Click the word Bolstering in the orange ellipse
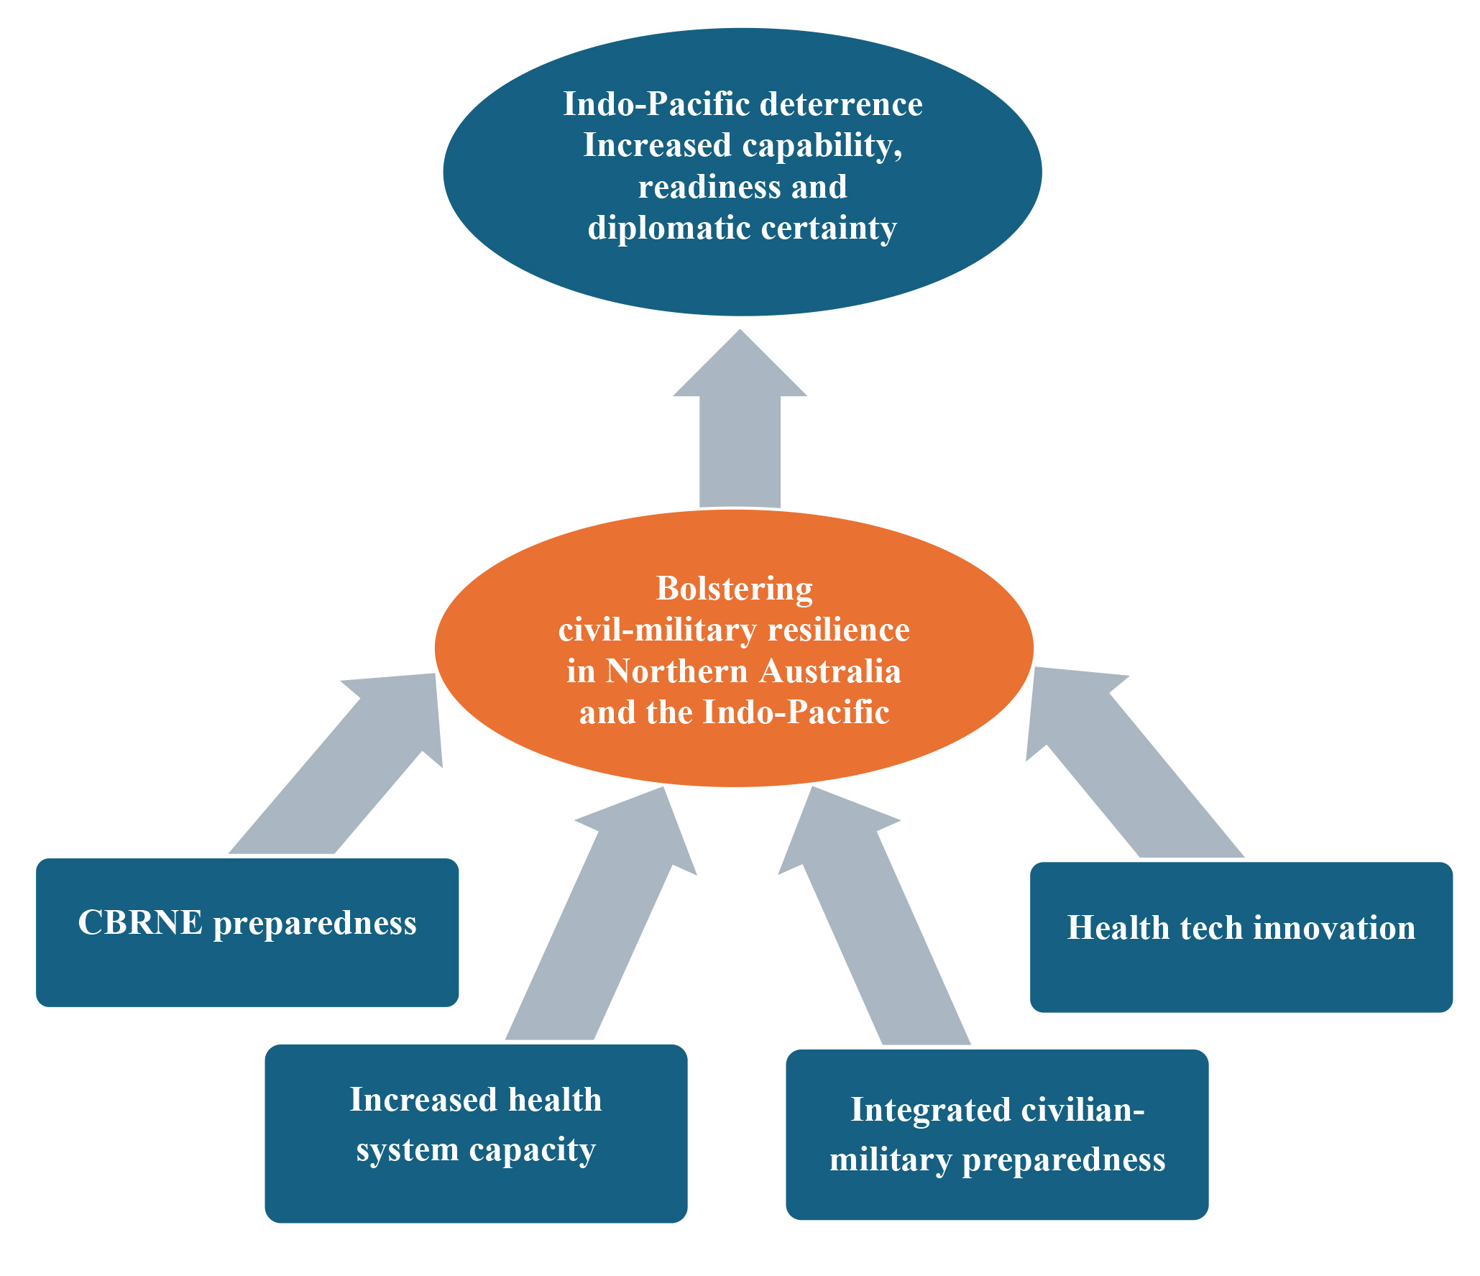tap(735, 589)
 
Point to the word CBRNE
tap(140, 923)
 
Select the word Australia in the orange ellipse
tap(830, 671)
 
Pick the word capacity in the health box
tap(532, 1151)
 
